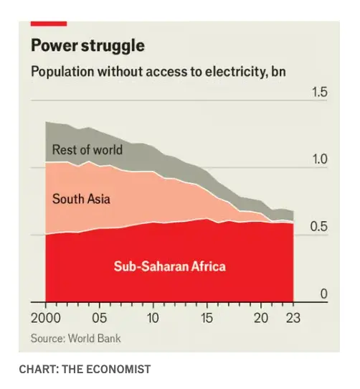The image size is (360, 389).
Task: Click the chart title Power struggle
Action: tap(87, 46)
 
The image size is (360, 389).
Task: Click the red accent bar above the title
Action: tap(49, 23)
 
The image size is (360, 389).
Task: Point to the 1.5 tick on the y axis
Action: tap(318, 93)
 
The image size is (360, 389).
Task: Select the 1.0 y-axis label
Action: tap(318, 160)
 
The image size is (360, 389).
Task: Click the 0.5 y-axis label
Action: tap(318, 228)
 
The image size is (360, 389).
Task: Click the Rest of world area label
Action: tap(87, 151)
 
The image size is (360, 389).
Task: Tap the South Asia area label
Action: tap(81, 199)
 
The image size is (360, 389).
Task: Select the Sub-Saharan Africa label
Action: tap(169, 267)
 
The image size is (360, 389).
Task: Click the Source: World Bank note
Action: tap(75, 338)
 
